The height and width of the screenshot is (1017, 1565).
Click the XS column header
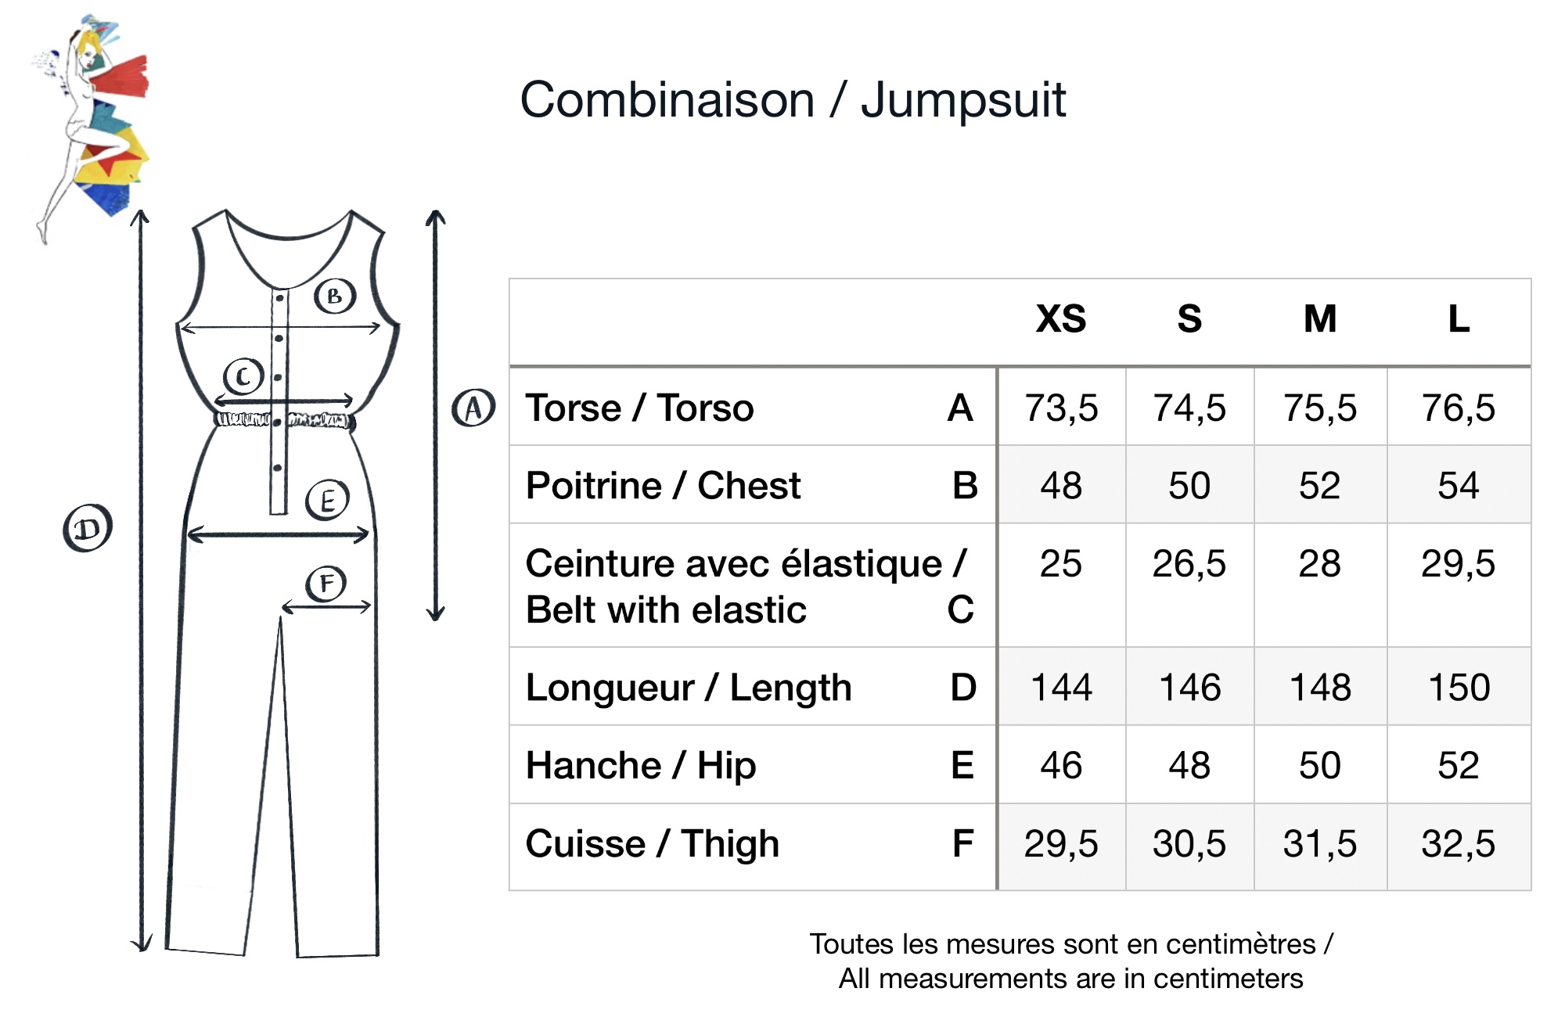1060,319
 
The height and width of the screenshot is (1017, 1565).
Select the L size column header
1458,319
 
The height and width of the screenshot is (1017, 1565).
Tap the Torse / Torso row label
639,408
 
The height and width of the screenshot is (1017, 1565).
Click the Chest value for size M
1319,486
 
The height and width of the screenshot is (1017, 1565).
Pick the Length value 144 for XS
1060,688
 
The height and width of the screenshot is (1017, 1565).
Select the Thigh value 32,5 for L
1458,844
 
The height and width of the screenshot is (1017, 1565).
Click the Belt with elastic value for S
1189,564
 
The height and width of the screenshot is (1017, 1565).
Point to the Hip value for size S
1189,765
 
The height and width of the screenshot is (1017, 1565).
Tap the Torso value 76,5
1458,408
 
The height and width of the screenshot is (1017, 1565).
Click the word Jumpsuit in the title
962,102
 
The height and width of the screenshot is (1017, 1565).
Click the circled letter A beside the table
473,408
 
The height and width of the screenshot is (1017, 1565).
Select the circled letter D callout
88,529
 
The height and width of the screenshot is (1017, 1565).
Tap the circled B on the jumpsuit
335,296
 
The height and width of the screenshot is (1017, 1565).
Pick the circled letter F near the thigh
326,584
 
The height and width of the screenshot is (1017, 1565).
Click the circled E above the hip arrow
327,500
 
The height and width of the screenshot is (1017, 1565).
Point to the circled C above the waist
243,376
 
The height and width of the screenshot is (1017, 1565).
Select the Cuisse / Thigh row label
652,844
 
